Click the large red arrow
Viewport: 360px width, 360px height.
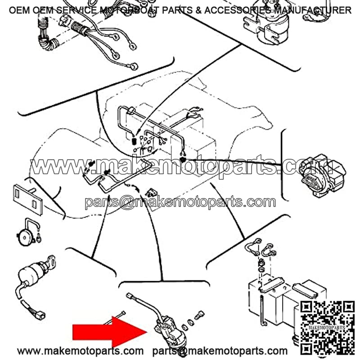pos(110,332)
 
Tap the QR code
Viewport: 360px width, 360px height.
pos(328,328)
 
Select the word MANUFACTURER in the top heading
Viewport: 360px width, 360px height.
pos(313,10)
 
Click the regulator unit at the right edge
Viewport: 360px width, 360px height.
pos(323,176)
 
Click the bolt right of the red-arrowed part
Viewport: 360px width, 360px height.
pos(199,315)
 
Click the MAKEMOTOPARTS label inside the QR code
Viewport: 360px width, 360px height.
pos(327,328)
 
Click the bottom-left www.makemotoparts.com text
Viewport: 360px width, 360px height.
pos(80,351)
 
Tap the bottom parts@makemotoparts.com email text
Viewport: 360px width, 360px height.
pos(220,351)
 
